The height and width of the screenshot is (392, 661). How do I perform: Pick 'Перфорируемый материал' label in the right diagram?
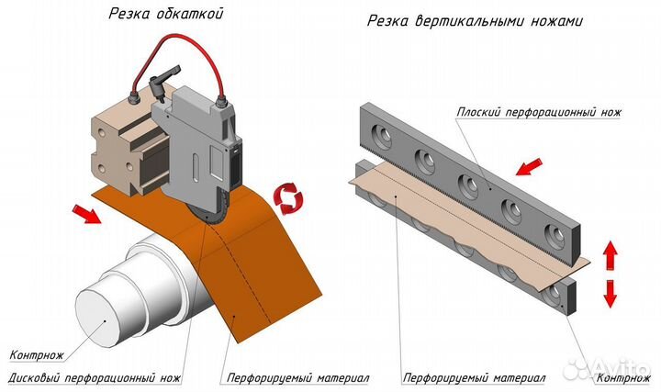click(474, 377)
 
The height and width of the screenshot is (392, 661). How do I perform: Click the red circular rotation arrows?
click(288, 197)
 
